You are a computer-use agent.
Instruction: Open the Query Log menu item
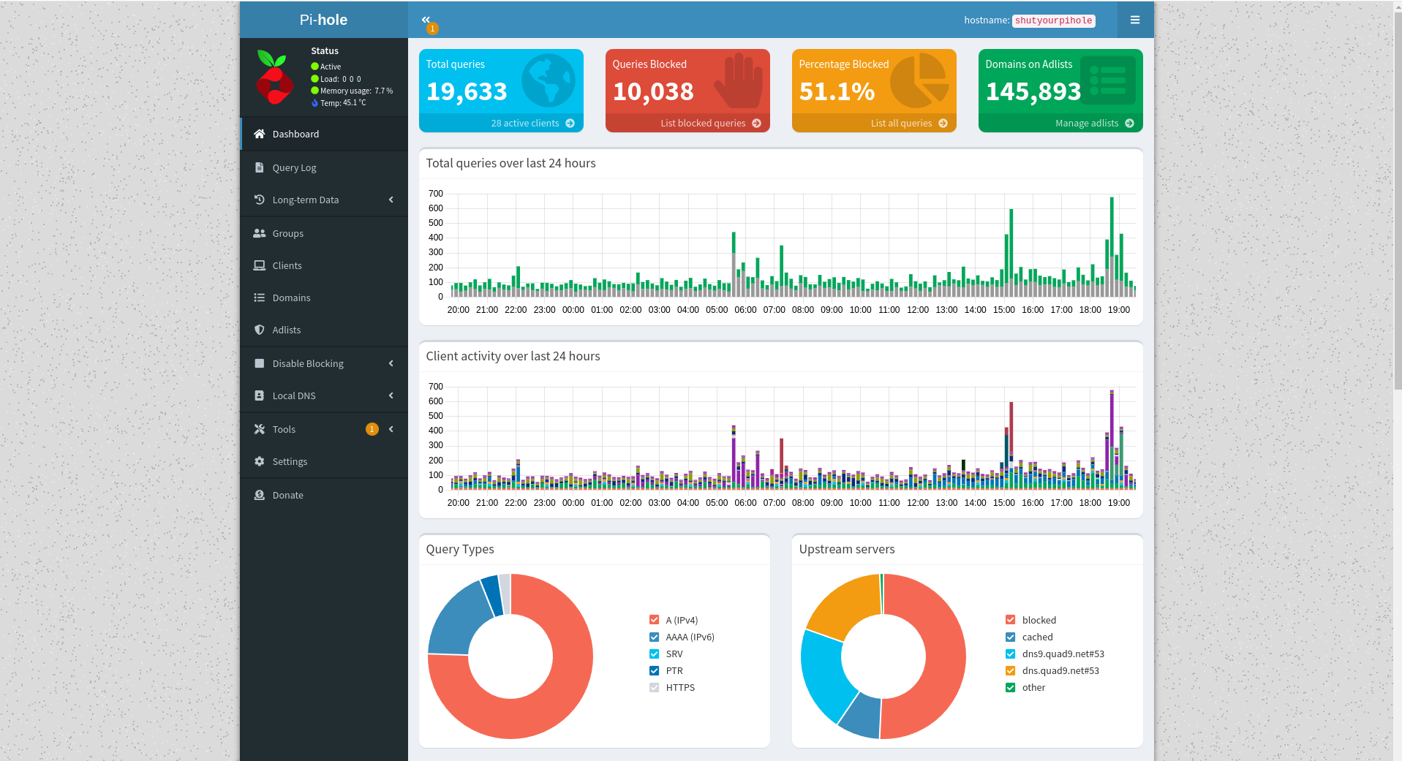coord(294,167)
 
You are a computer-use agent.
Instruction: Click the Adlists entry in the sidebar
coord(286,330)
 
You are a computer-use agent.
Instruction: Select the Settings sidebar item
coord(290,461)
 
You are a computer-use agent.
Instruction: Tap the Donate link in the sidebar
coord(287,495)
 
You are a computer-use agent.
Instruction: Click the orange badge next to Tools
coord(372,429)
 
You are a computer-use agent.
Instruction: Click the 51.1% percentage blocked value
coord(837,92)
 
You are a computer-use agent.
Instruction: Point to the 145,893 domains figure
coord(1033,92)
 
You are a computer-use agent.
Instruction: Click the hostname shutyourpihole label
coord(1053,20)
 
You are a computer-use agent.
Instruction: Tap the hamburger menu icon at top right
coord(1134,20)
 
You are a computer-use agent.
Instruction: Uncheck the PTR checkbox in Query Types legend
coord(654,670)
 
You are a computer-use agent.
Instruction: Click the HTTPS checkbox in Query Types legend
coord(654,687)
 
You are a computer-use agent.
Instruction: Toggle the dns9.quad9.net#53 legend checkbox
coord(1010,654)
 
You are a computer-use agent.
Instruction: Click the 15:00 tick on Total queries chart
coord(1003,310)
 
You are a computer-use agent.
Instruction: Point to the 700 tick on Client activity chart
coord(436,387)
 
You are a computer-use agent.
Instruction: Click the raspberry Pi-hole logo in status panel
coord(275,77)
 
